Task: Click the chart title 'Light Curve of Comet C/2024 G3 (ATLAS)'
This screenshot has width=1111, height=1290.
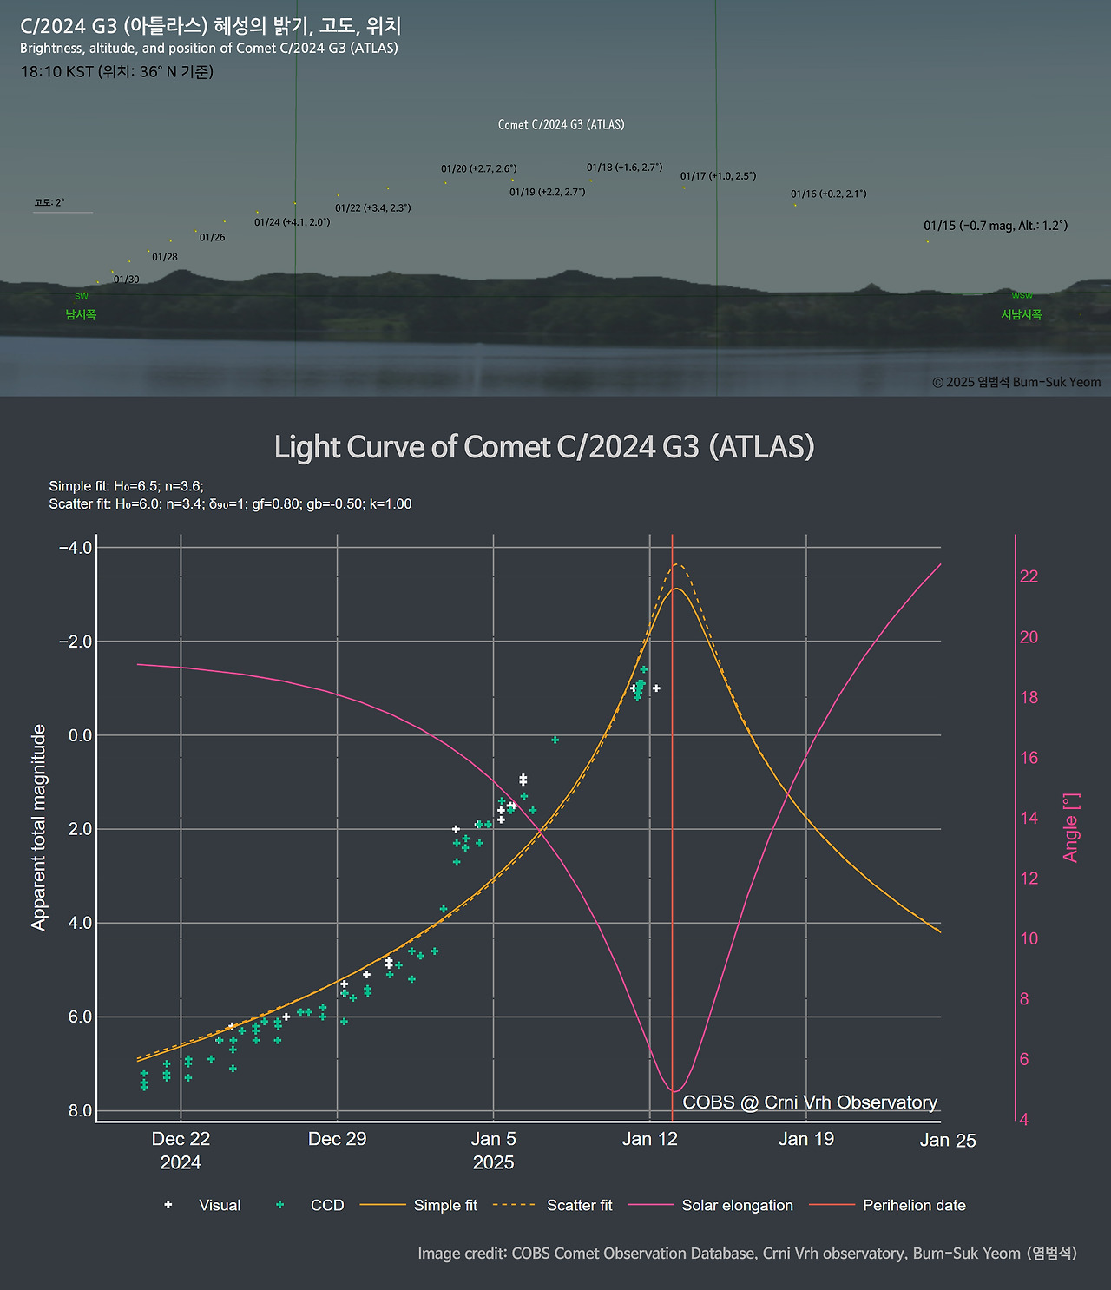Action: pos(544,447)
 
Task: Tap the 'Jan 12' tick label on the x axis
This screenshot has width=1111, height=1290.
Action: pos(649,1139)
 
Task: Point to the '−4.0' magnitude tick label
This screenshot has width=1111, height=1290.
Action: pos(75,548)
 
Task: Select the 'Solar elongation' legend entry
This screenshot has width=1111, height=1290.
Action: pos(737,1205)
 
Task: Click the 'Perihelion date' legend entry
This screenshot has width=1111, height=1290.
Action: pos(913,1205)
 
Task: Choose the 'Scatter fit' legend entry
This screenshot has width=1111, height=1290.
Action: pos(579,1205)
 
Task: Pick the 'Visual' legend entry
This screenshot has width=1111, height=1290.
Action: pos(219,1205)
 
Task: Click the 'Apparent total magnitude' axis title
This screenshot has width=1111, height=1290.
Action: pos(38,827)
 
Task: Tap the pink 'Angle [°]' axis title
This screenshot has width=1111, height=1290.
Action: pos(1071,827)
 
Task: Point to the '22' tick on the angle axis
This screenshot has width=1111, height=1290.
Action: pos(1029,576)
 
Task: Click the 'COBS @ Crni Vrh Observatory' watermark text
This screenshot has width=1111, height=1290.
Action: pos(810,1102)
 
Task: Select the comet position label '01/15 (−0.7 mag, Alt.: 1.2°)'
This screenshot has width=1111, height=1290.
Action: pos(996,226)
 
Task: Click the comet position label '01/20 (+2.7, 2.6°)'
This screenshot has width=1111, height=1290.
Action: pos(478,168)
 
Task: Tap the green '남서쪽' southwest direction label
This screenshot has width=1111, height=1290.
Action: pos(81,314)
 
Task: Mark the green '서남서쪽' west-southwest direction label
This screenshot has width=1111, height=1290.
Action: pos(1022,314)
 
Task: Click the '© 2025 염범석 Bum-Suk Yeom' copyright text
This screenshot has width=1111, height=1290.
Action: pos(1016,382)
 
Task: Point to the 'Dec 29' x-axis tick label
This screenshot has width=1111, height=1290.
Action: pos(337,1139)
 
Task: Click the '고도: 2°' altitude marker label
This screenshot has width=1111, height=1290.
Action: pos(49,202)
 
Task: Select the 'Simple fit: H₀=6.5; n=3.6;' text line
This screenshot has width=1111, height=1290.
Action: pos(126,486)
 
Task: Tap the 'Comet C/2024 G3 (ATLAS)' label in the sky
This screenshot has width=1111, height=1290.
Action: pos(561,125)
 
